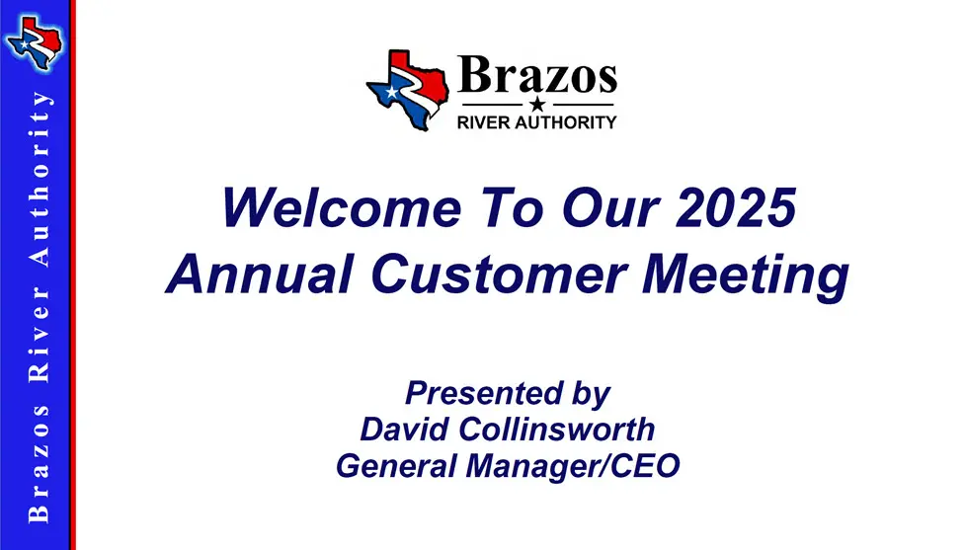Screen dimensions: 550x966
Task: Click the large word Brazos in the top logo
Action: click(538, 76)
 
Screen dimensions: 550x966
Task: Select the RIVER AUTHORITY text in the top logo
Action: click(538, 122)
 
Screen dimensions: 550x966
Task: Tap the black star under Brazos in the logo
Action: click(537, 104)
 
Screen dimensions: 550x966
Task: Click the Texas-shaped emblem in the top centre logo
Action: click(407, 90)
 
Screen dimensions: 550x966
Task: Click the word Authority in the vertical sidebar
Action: click(40, 178)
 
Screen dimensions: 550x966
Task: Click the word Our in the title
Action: click(591, 209)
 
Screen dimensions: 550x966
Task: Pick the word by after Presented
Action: click(590, 393)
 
